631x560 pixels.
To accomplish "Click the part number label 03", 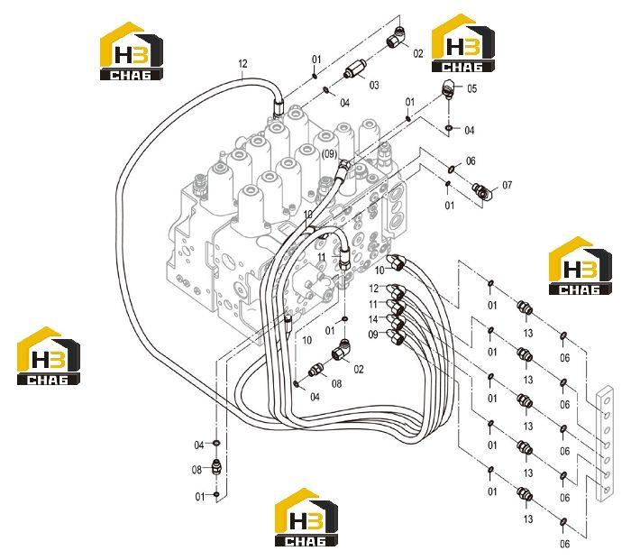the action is (x=374, y=85).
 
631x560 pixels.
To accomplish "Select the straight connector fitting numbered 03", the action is (x=353, y=69).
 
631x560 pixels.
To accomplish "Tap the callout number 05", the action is (x=471, y=88).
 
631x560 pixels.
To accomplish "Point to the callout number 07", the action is (x=507, y=185).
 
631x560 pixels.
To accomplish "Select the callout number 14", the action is (x=373, y=319).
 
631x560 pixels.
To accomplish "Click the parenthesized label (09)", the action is (x=329, y=154).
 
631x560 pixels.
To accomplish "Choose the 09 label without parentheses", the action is (x=373, y=335).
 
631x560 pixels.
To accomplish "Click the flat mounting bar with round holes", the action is (x=605, y=444).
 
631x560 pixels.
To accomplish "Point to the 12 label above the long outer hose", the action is (x=242, y=64).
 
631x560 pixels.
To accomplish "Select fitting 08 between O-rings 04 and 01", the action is (x=216, y=466).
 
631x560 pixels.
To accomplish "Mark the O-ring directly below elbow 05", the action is (x=449, y=128).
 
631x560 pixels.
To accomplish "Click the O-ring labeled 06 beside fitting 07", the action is (x=452, y=170).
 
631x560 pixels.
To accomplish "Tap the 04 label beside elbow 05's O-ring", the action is (x=470, y=130).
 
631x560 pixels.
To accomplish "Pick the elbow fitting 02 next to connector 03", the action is (x=397, y=37).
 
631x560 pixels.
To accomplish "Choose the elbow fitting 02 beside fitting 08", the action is (x=342, y=350).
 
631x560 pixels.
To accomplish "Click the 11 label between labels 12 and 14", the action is (x=373, y=304).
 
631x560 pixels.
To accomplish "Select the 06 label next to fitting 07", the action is (x=471, y=161).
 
